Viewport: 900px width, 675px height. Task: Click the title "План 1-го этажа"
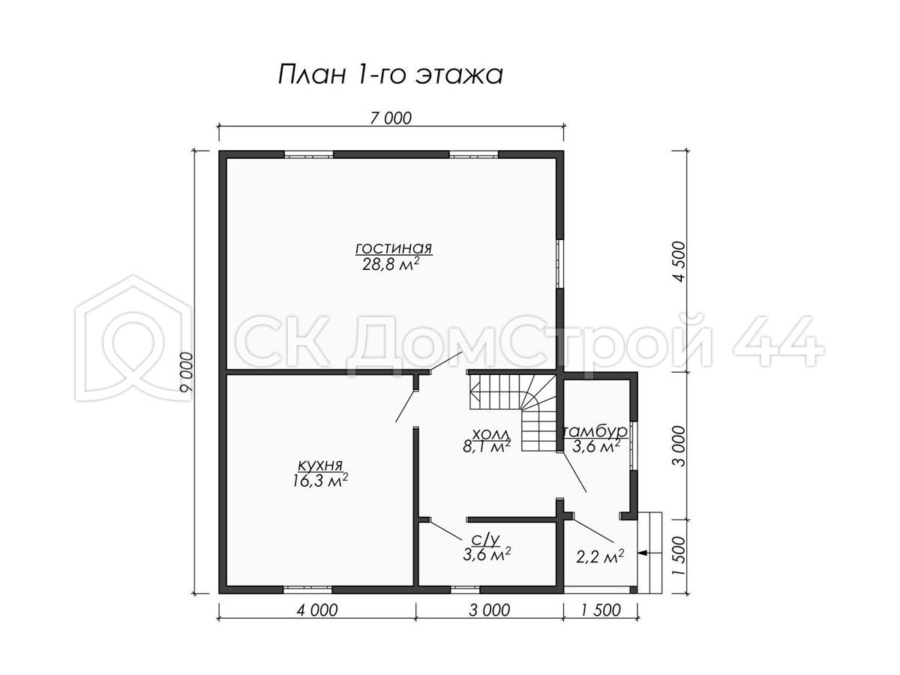(x=390, y=75)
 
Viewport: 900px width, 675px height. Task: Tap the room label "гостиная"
(x=393, y=248)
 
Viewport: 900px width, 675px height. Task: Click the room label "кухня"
(x=320, y=465)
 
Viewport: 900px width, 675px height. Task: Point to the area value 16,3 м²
(x=320, y=480)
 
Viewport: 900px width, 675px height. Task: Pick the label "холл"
(x=490, y=433)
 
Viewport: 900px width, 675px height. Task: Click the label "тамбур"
(x=595, y=430)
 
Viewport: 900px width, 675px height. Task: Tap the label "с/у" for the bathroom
(x=486, y=541)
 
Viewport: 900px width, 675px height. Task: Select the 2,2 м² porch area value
(x=600, y=557)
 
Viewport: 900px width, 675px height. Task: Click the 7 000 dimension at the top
(x=390, y=118)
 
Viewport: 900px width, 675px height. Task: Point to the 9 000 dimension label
(x=186, y=371)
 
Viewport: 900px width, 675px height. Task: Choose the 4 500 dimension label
(x=679, y=261)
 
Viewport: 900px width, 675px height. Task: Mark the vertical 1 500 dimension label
(x=679, y=556)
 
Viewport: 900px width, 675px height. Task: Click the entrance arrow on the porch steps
(x=643, y=553)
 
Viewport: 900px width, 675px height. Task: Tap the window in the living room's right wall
(x=560, y=263)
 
